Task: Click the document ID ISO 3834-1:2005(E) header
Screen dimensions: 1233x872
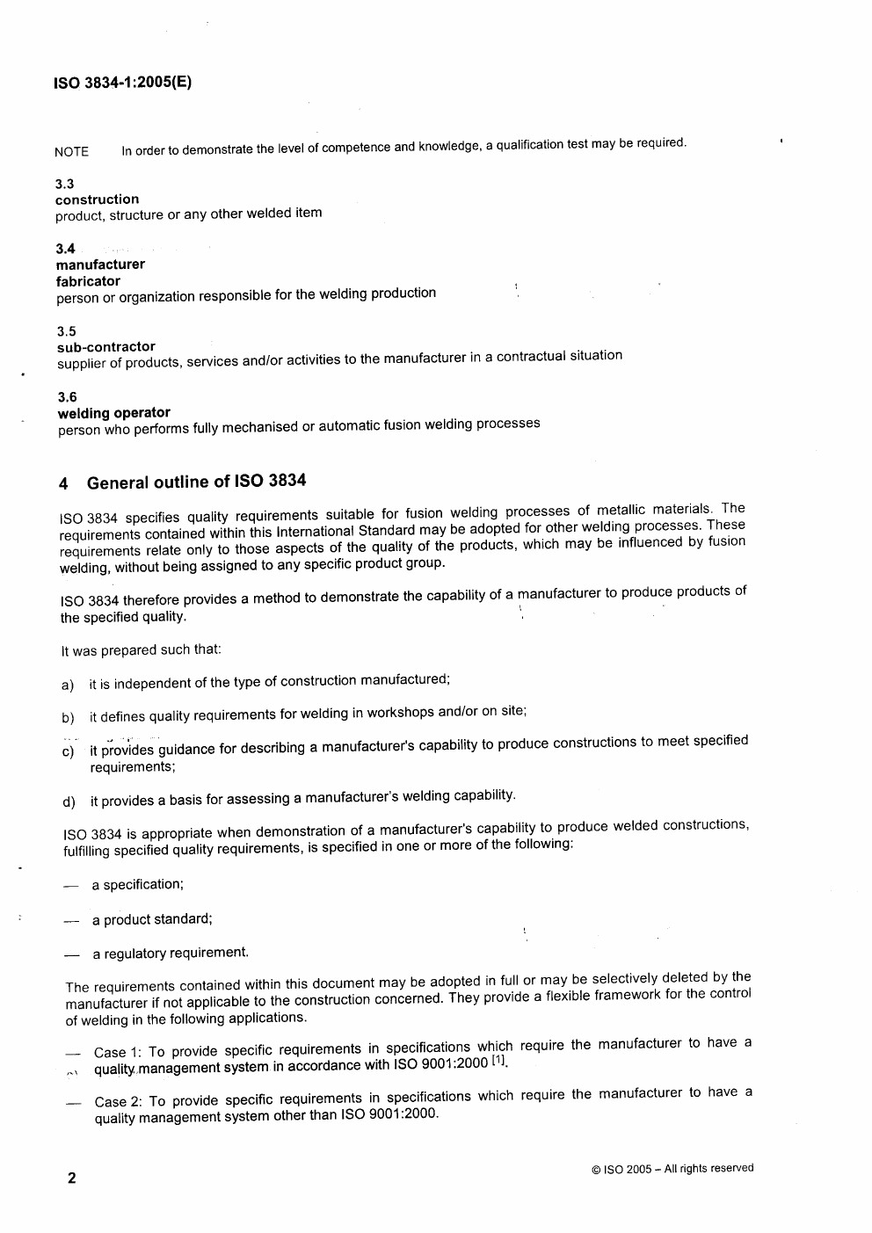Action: point(123,83)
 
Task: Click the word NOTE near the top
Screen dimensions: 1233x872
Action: point(71,151)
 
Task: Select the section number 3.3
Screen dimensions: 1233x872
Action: point(64,184)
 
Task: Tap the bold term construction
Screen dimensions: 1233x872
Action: point(97,199)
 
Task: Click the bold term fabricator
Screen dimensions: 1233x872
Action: point(88,281)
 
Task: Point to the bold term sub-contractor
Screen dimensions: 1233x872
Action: point(106,346)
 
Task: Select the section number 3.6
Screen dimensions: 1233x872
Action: point(67,397)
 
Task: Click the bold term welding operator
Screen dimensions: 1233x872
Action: point(114,413)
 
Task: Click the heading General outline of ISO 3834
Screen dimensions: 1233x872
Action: point(196,482)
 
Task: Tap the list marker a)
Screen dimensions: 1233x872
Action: point(68,685)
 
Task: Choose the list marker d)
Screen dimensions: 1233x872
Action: point(69,801)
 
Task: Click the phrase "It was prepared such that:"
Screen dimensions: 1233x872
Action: point(141,650)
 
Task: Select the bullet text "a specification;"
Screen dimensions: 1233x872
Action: point(138,884)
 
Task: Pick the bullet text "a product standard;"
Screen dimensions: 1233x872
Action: point(152,919)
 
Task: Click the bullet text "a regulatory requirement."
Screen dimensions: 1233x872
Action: point(171,953)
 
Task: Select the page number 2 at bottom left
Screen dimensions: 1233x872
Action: point(72,1178)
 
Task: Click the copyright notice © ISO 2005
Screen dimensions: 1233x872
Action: point(672,1169)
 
